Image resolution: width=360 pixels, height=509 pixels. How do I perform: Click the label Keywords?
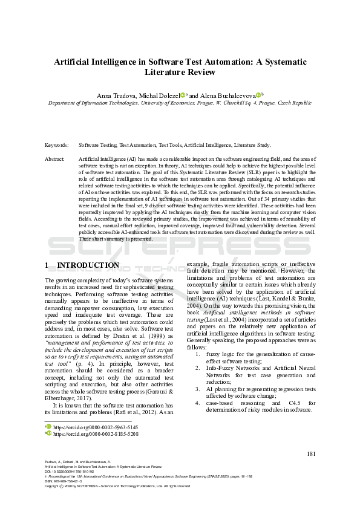tap(56, 146)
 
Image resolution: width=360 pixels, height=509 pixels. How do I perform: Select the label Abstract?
tap(55, 158)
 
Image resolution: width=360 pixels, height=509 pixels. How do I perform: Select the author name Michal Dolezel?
tap(161, 96)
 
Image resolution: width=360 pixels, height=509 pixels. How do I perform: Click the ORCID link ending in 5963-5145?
tap(84, 427)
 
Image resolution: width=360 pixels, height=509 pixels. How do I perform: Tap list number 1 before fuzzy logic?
tap(198, 354)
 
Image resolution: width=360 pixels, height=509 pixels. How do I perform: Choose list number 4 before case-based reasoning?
tap(198, 403)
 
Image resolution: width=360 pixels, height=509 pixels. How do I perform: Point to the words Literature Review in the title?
tap(180, 72)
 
